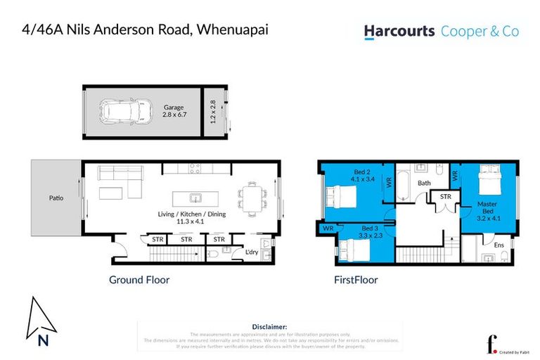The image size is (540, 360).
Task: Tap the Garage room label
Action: click(174, 107)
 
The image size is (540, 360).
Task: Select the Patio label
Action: click(56, 198)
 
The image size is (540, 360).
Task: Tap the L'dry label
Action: click(251, 252)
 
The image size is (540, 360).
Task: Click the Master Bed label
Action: click(487, 209)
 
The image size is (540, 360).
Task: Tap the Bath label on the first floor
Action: click(424, 184)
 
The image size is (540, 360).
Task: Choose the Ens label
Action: click(499, 244)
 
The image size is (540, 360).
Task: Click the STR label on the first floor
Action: click(444, 197)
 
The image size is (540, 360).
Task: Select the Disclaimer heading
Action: click(269, 327)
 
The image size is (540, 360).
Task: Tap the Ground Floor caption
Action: click(139, 280)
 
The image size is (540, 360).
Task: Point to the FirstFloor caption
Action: click(355, 280)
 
